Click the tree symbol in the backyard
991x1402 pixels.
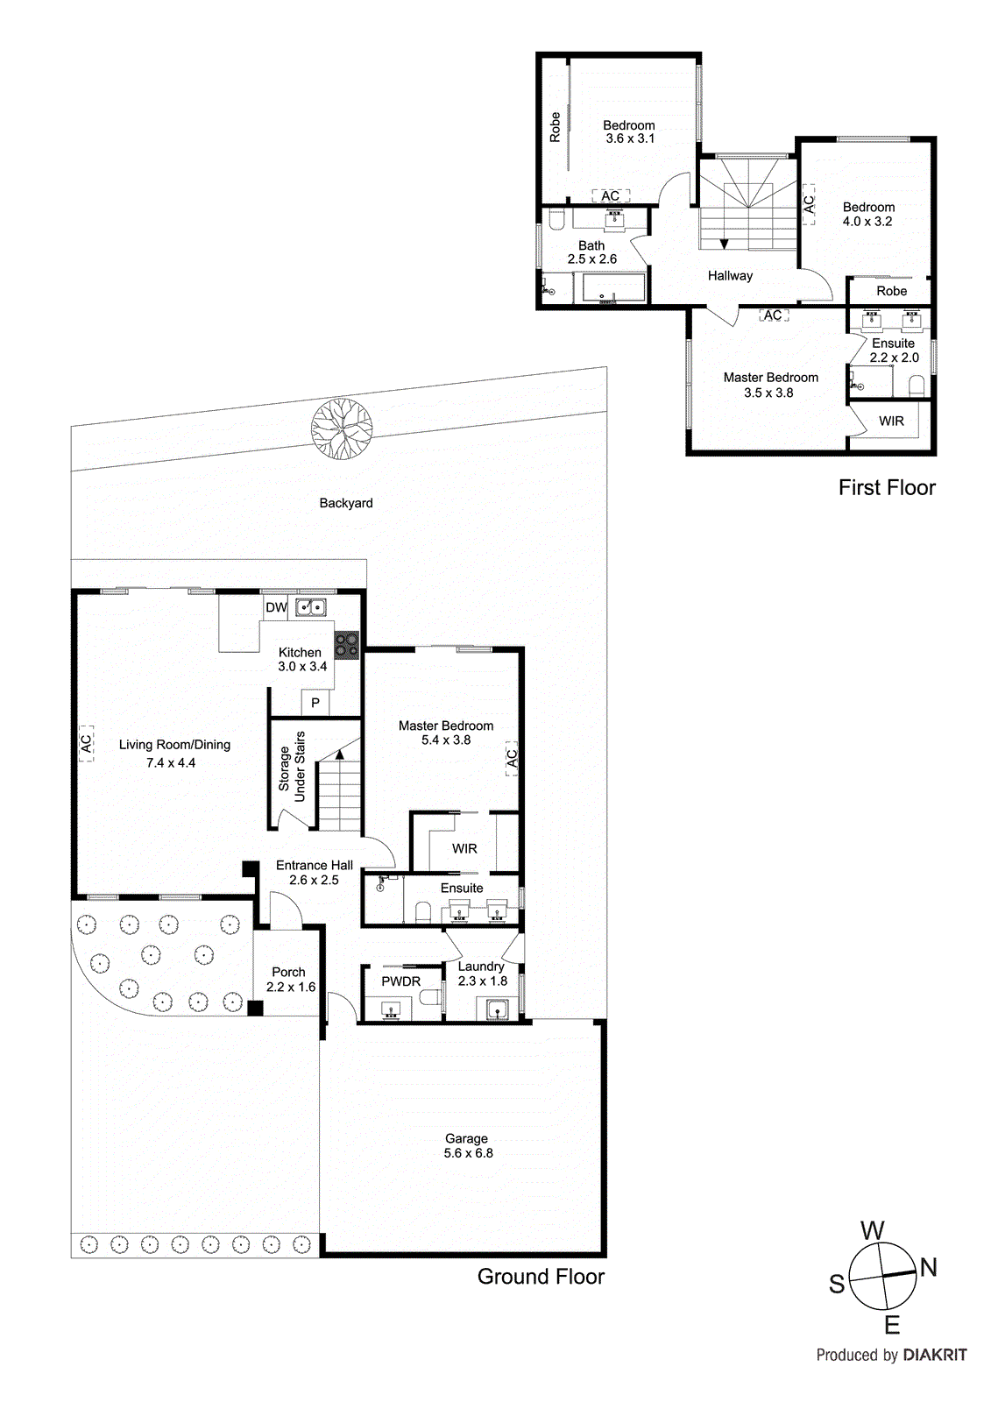(x=342, y=428)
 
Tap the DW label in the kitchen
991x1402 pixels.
(x=276, y=607)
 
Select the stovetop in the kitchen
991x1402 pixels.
(x=347, y=645)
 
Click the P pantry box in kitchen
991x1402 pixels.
(x=315, y=703)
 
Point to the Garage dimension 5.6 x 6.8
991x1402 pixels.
(x=468, y=1153)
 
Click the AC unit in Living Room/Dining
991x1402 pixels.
(x=86, y=743)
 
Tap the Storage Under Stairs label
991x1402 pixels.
(x=292, y=768)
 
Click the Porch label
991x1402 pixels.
(x=288, y=972)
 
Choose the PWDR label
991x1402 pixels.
(x=400, y=981)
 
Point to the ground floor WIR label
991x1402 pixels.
(x=464, y=848)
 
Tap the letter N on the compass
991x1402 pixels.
(x=929, y=1267)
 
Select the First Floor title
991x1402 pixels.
(x=887, y=487)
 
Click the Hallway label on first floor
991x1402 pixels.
(x=730, y=275)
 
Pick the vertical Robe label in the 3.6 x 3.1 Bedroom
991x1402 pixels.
(x=555, y=127)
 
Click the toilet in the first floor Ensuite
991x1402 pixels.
(x=917, y=386)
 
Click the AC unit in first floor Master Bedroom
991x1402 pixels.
(x=772, y=315)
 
